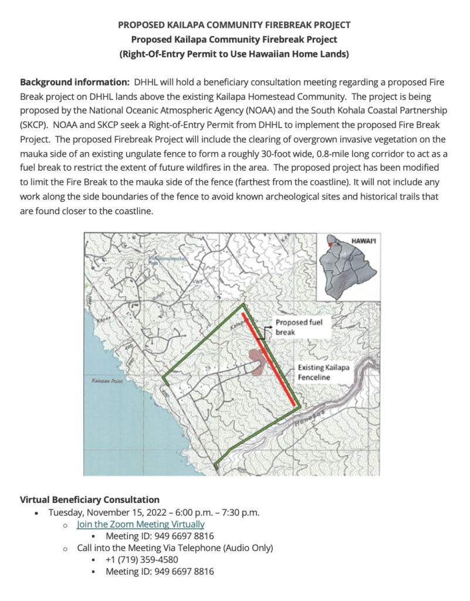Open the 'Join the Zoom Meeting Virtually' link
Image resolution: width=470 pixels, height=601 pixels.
coord(141,524)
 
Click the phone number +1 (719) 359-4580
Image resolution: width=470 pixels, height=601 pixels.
coord(141,559)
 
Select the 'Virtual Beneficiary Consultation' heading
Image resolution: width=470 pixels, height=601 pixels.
coord(90,500)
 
